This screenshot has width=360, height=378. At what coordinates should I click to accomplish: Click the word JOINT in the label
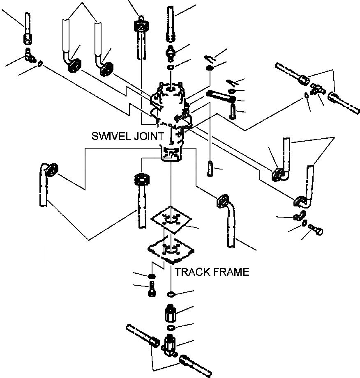150,136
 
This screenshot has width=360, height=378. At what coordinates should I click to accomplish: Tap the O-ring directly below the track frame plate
172,294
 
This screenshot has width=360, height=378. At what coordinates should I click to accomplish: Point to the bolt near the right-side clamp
316,229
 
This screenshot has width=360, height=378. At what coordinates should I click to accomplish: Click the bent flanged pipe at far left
45,185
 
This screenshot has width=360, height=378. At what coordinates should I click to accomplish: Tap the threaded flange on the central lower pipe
141,179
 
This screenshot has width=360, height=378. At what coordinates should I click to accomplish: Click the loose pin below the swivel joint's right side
210,168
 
